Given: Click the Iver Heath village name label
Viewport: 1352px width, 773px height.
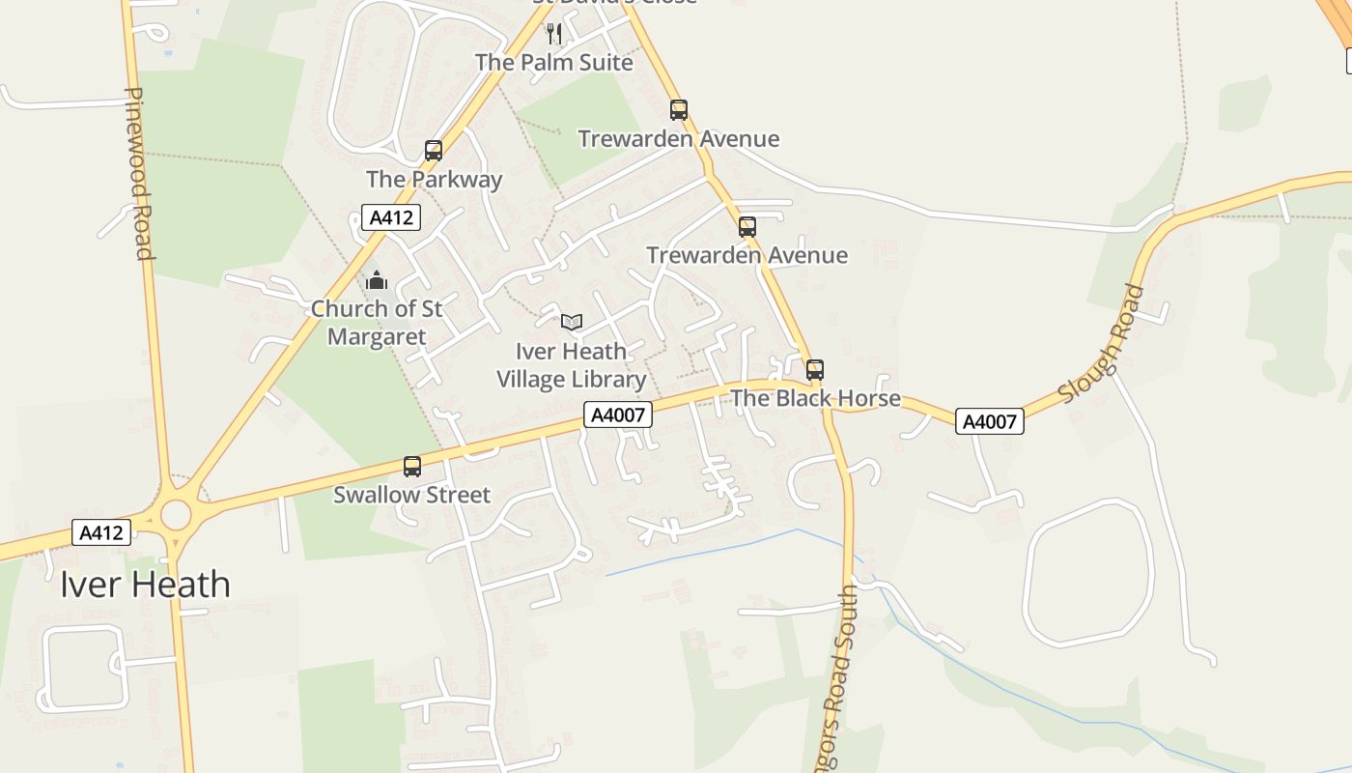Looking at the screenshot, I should pyautogui.click(x=145, y=585).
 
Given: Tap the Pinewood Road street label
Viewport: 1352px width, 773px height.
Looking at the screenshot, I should pyautogui.click(x=139, y=174).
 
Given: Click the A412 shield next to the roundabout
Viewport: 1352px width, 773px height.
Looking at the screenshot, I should pyautogui.click(x=100, y=532).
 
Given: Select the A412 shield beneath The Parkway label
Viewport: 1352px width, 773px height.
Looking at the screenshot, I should pyautogui.click(x=391, y=217).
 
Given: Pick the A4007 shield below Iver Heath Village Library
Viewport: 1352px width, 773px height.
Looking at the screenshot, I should pyautogui.click(x=618, y=415).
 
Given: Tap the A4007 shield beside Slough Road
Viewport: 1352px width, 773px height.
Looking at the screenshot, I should pyautogui.click(x=989, y=421).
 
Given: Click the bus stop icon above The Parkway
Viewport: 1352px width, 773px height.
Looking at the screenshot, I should pyautogui.click(x=434, y=151).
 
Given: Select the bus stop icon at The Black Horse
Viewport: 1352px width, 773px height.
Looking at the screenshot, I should pyautogui.click(x=815, y=370).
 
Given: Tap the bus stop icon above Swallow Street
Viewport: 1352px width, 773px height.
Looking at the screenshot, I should pyautogui.click(x=412, y=467).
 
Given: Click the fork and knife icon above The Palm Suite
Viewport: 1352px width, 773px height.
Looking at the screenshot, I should pyautogui.click(x=554, y=35).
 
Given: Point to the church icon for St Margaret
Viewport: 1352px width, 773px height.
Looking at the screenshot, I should pyautogui.click(x=377, y=281).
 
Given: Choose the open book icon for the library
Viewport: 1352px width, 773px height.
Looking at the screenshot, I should pyautogui.click(x=572, y=322).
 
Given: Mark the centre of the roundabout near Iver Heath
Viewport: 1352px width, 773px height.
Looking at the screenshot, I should pyautogui.click(x=176, y=515).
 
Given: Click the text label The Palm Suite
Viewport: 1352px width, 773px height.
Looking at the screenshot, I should pyautogui.click(x=554, y=63).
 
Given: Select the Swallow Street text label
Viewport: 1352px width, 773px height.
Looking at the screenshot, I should pyautogui.click(x=412, y=495).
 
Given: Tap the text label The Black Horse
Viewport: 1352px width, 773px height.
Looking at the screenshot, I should pyautogui.click(x=815, y=398).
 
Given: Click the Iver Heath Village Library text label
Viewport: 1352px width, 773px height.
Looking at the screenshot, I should pyautogui.click(x=571, y=365).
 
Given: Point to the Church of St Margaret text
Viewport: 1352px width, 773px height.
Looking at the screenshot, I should pyautogui.click(x=377, y=323).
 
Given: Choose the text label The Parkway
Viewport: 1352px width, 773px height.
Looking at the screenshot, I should pyautogui.click(x=434, y=179).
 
